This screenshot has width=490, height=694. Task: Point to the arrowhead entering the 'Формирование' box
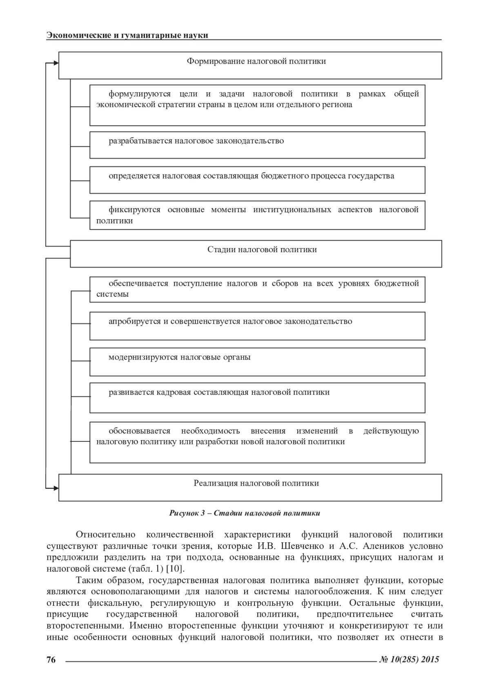[x=56, y=63]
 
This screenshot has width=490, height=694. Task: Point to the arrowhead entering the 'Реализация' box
[x=56, y=487]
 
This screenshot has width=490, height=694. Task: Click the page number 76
[x=51, y=659]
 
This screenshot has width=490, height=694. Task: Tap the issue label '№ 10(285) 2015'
[x=410, y=659]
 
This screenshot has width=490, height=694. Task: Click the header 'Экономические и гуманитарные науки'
[x=127, y=35]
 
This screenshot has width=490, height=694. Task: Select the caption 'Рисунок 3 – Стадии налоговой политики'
[x=245, y=513]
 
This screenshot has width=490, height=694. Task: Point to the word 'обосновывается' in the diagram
[x=139, y=431]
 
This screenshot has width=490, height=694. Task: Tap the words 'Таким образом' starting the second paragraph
[x=109, y=580]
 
